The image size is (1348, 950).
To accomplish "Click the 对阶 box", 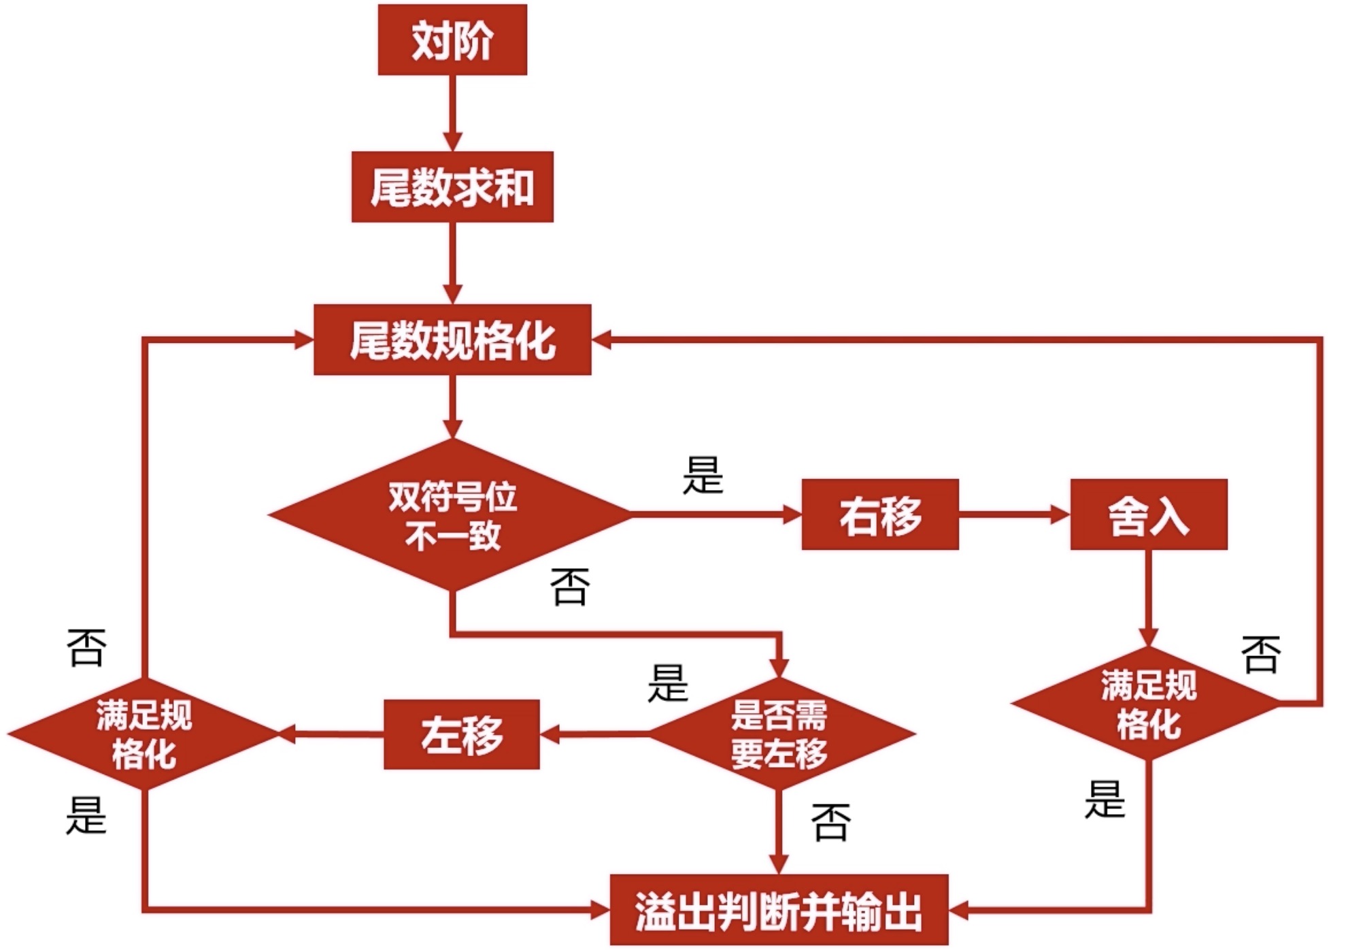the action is point(452,39).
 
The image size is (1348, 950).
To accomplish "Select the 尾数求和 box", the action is point(452,186).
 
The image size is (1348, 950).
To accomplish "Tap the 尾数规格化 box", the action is point(452,340).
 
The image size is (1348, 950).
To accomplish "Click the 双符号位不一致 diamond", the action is point(451,514).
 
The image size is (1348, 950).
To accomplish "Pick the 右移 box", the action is point(880,514).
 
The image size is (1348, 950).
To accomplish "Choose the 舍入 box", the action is point(1149,514).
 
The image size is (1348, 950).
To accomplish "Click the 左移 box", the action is point(462,734).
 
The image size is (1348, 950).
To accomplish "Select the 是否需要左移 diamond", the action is point(780,734).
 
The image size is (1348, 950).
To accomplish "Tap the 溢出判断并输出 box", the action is point(779,910).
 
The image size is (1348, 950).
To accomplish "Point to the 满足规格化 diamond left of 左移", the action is point(144,734).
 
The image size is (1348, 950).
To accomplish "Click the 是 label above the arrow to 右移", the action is point(703,475).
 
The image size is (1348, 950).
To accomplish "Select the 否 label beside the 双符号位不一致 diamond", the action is point(570,587).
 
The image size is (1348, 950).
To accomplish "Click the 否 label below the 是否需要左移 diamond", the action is point(831,822).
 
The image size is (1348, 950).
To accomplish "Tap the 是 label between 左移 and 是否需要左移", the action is point(668,683).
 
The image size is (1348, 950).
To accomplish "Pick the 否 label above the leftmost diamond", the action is point(86,647).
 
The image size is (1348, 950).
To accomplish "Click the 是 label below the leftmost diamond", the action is point(86,815).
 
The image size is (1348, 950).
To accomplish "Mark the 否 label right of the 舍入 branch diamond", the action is point(1261,654).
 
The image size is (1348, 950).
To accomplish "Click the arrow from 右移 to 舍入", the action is point(1015,514).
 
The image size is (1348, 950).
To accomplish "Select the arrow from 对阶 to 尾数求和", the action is point(452,113).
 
